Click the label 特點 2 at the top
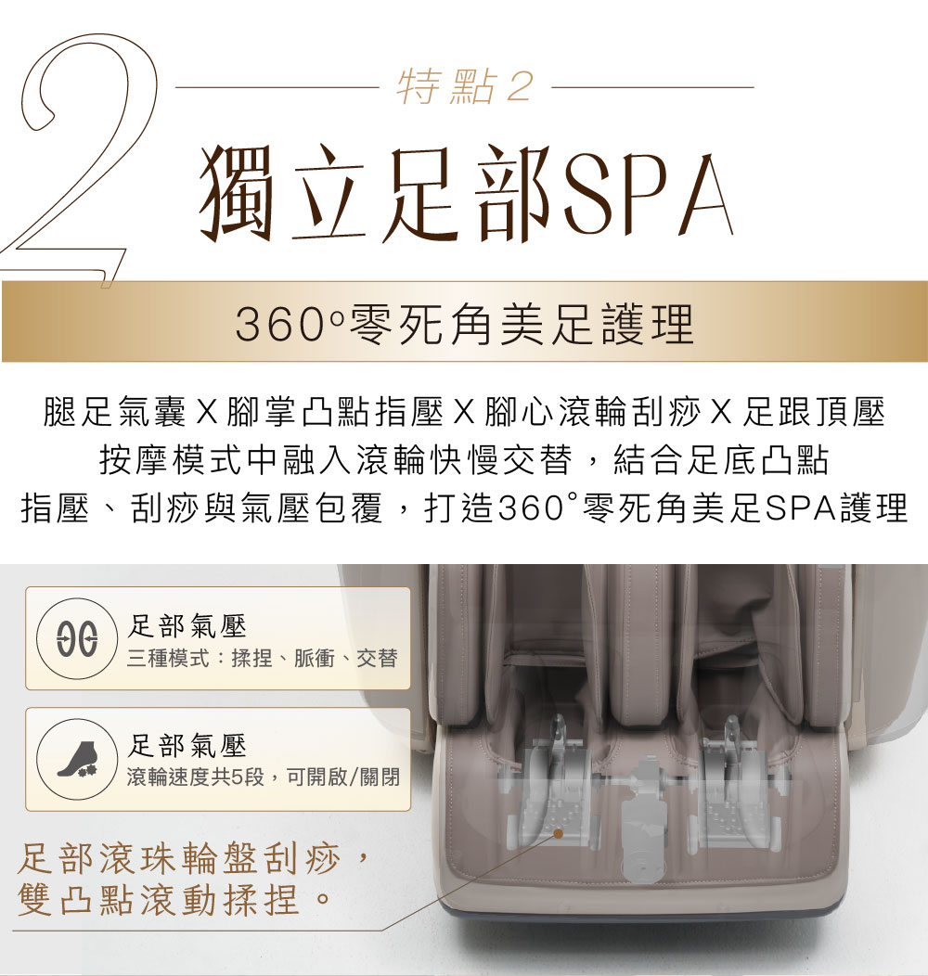coord(465,86)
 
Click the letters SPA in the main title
coord(649,194)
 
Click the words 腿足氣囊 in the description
coord(114,412)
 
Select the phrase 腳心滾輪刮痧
coord(593,412)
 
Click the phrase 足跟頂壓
coord(814,412)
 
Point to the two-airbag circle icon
coord(77,638)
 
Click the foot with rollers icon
coord(77,760)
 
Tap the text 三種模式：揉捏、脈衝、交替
coord(263,658)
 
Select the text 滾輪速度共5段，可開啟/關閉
coord(263,777)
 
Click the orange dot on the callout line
coord(559,833)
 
